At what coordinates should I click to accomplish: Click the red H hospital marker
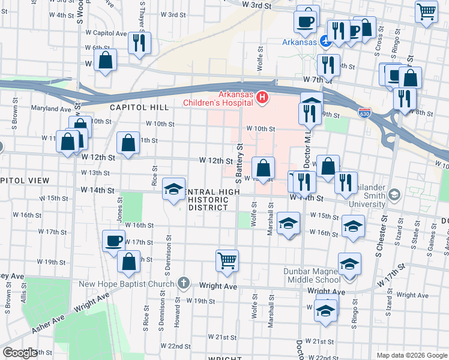pos(262,97)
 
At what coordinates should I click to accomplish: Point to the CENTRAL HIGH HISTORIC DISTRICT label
pos(209,199)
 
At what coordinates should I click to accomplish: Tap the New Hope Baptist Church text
pos(132,283)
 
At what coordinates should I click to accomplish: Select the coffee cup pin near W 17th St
pos(113,241)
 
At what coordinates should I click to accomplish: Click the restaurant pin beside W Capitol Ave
pos(139,43)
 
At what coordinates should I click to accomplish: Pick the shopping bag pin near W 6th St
pos(106,60)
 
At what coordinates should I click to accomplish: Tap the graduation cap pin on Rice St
pos(173,190)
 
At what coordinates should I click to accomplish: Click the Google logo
pos(20,353)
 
